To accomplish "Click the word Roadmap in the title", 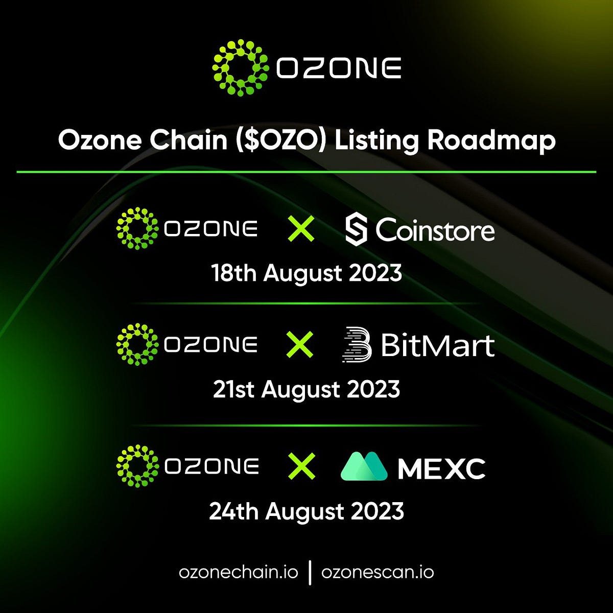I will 491,139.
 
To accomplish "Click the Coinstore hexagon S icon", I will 356,230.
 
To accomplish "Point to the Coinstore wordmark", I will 435,230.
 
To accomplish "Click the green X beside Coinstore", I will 301,229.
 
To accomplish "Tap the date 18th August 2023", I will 306,273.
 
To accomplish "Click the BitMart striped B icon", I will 356,345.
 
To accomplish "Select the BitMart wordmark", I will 438,345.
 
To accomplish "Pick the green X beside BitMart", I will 300,344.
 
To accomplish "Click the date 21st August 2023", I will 306,389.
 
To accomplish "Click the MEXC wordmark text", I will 441,468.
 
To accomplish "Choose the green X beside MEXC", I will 301,466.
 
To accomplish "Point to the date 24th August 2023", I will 306,511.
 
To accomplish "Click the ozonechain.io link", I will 239,572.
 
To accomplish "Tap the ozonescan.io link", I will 378,572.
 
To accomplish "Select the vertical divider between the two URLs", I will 310,572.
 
